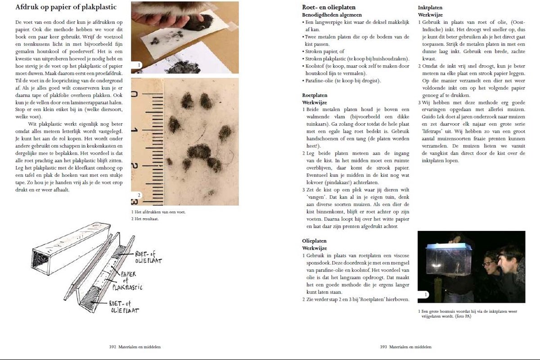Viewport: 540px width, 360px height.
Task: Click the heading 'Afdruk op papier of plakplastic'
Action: pyautogui.click(x=66, y=7)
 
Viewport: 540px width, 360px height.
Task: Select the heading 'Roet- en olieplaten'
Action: pyautogui.click(x=328, y=7)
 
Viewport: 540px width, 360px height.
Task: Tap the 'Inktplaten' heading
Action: pyautogui.click(x=430, y=8)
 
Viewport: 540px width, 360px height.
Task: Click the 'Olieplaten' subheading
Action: pyautogui.click(x=314, y=241)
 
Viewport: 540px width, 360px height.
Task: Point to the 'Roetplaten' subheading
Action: pyautogui.click(x=315, y=95)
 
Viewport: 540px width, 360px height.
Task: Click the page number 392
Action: pyautogui.click(x=113, y=347)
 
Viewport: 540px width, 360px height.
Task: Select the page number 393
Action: pyautogui.click(x=384, y=347)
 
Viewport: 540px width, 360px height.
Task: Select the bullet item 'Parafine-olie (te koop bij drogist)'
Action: pyautogui.click(x=342, y=81)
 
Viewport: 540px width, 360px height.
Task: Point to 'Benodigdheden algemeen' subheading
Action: pyautogui.click(x=332, y=15)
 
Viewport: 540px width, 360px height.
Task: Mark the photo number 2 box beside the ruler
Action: pyautogui.click(x=139, y=195)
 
